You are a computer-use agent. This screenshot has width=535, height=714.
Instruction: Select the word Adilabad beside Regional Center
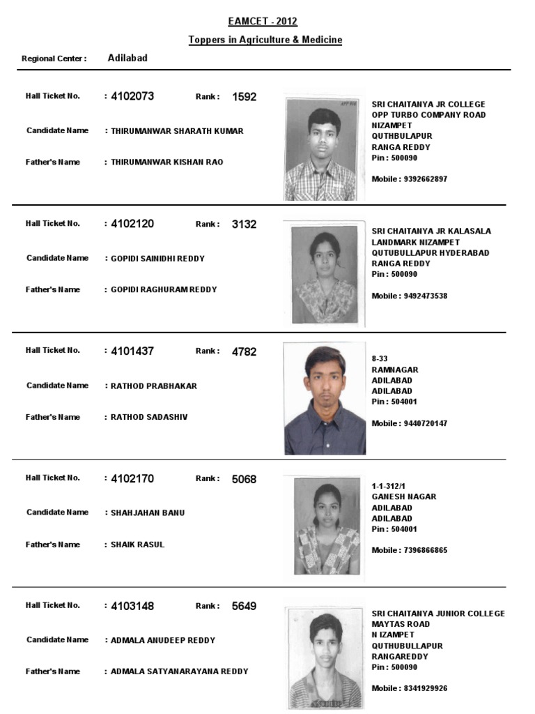[127, 58]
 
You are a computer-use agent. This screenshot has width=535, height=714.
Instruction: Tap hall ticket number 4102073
[132, 97]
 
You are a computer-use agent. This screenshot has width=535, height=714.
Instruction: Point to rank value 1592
[244, 97]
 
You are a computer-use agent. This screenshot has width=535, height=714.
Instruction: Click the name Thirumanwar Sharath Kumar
[177, 131]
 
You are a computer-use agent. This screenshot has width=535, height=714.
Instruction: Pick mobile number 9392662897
[424, 179]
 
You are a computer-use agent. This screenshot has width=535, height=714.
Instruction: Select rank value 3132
[244, 225]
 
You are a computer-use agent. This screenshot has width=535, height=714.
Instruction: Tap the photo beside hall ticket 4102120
[325, 273]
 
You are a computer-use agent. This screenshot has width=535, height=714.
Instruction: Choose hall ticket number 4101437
[132, 351]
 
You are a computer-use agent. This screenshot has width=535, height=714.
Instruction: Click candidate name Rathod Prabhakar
[154, 386]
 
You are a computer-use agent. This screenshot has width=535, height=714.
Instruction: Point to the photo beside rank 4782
[325, 400]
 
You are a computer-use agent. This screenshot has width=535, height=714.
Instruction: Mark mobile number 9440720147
[424, 423]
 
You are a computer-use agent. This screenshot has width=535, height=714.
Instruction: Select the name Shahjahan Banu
[148, 512]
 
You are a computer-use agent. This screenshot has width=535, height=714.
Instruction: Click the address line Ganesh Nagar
[404, 496]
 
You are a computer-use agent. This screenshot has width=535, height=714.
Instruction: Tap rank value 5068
[244, 479]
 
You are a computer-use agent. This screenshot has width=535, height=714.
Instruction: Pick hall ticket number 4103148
[132, 607]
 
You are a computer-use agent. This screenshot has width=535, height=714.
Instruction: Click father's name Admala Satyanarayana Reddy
[179, 671]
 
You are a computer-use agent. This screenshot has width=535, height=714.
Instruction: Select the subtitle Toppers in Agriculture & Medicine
[265, 40]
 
